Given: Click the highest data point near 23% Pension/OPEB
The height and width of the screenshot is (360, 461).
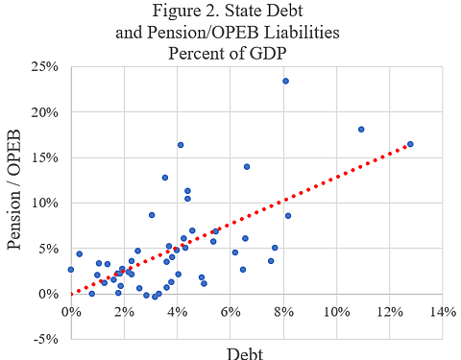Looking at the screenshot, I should pyautogui.click(x=285, y=81).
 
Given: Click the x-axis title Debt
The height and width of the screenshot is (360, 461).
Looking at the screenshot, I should pyautogui.click(x=245, y=351).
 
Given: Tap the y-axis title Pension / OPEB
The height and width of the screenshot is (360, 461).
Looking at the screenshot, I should pyautogui.click(x=16, y=201).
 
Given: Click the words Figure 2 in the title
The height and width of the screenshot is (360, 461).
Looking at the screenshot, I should pyautogui.click(x=203, y=13).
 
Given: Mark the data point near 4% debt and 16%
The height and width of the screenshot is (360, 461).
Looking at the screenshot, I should pyautogui.click(x=180, y=145).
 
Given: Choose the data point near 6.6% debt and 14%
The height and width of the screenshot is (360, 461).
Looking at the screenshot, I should pyautogui.click(x=247, y=166).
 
